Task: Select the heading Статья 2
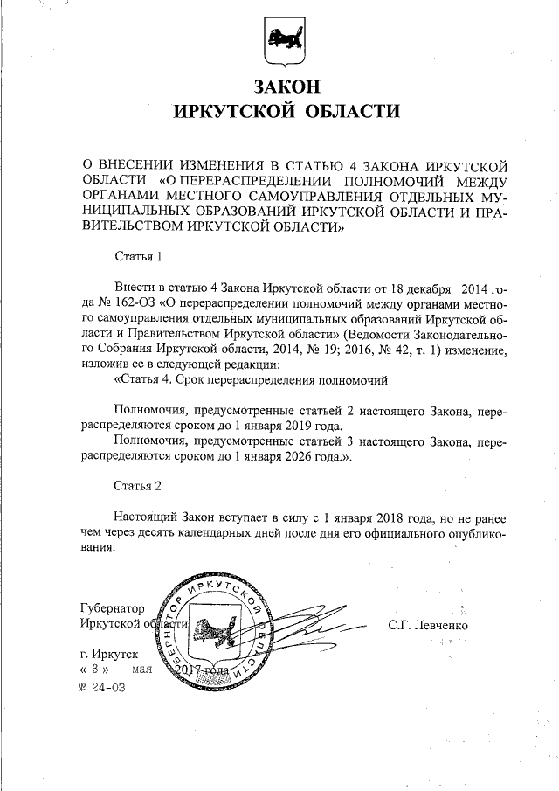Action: click(x=139, y=485)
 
